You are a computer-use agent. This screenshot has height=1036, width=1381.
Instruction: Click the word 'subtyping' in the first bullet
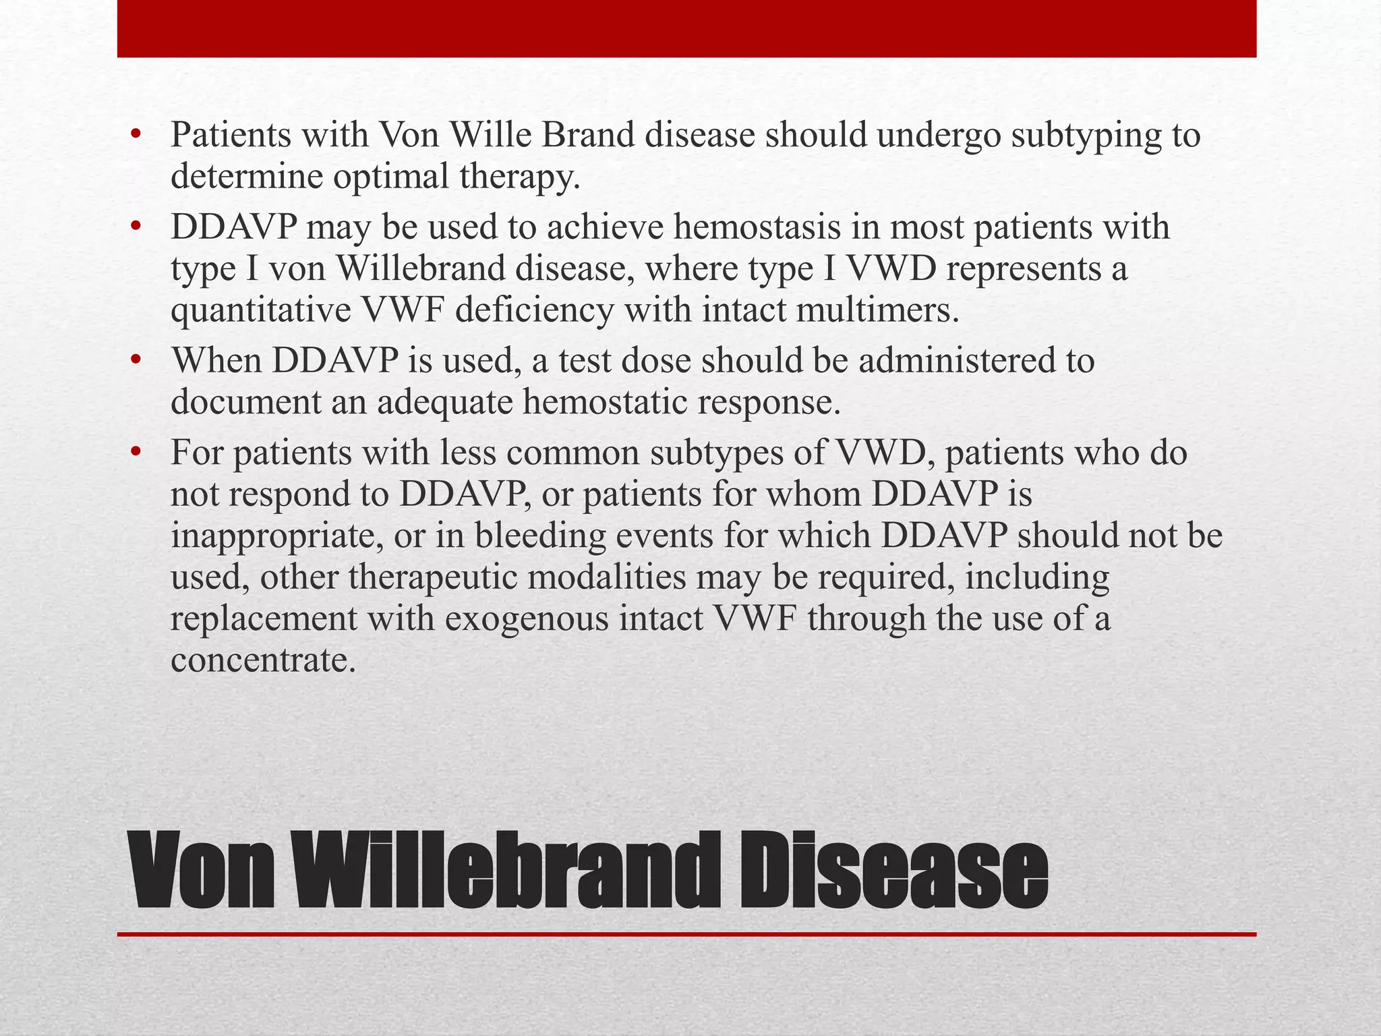pos(1088,137)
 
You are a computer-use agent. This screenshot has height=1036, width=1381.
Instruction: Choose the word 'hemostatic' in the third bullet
pos(604,402)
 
